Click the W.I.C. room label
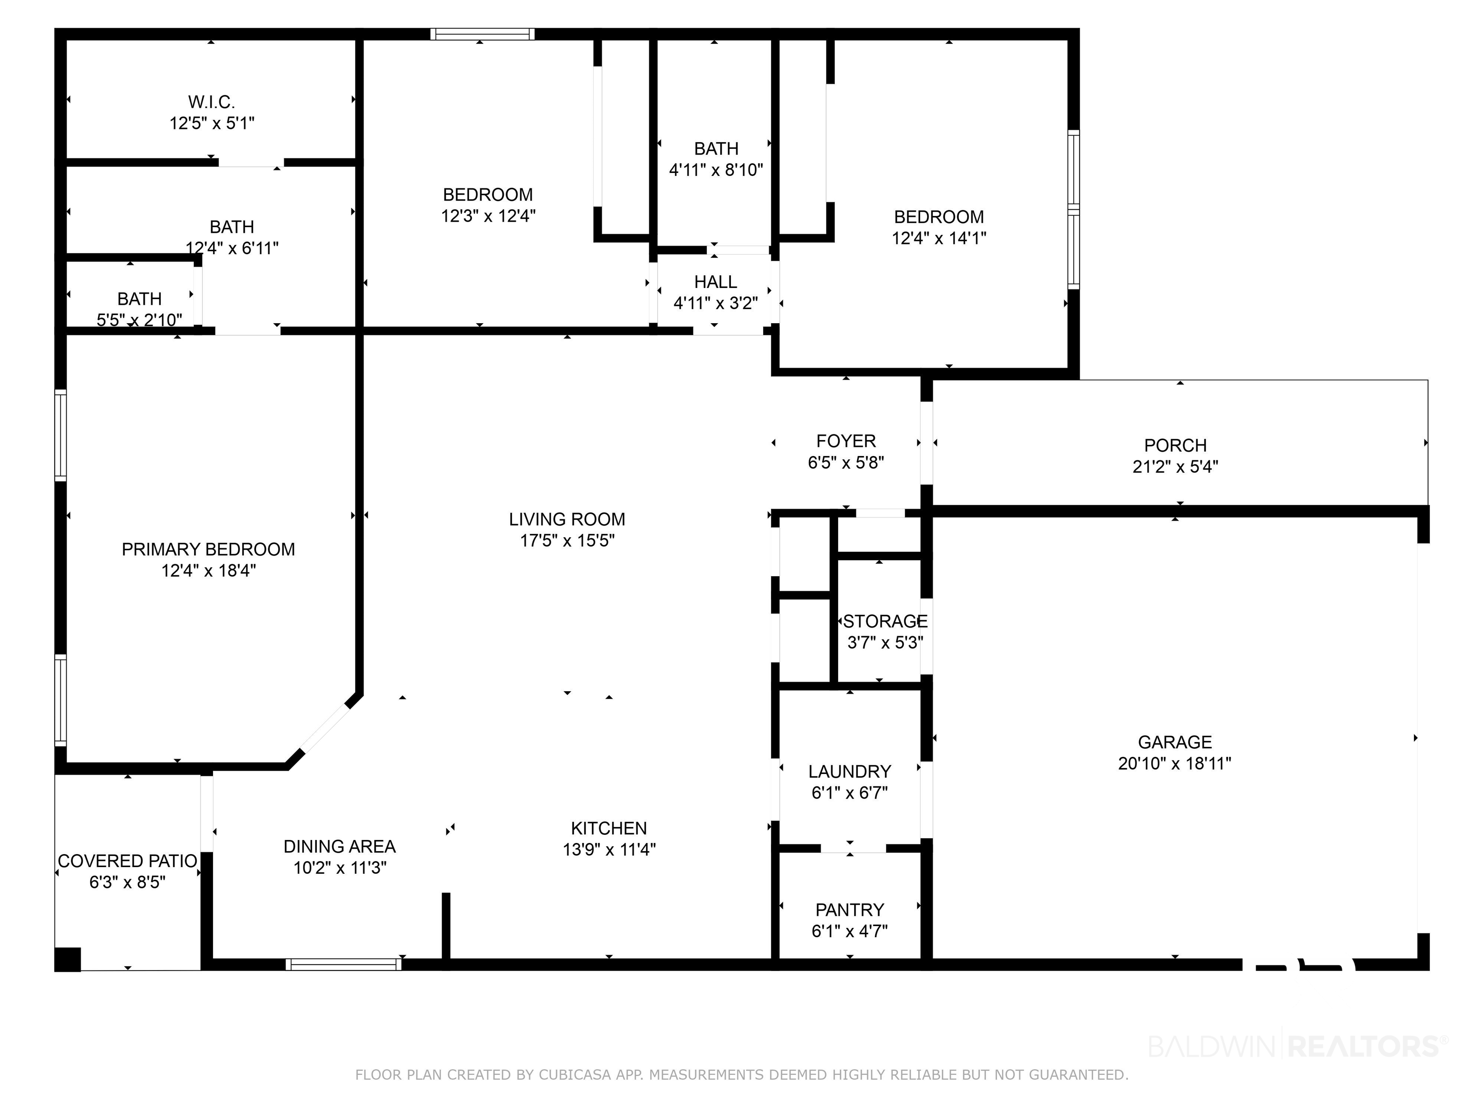point(211,102)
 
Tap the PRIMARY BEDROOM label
point(208,549)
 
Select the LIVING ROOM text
point(567,519)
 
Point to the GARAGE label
point(1175,742)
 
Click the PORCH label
point(1175,445)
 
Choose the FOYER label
point(846,441)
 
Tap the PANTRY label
point(849,910)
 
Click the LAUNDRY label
point(849,771)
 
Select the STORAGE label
point(885,621)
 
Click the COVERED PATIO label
point(128,861)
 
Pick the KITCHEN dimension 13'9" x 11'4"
point(609,849)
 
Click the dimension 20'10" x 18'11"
point(1175,763)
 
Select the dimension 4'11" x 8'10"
point(716,170)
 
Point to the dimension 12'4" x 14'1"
point(939,238)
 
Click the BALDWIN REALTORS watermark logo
point(1298,1046)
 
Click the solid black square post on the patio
point(67,959)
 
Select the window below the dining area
point(343,964)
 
